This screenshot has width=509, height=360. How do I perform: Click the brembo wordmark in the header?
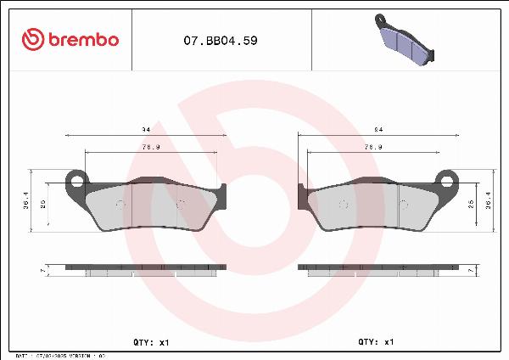[x=84, y=39]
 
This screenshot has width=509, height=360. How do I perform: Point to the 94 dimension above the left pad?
[x=146, y=130]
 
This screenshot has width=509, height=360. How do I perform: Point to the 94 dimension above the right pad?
[x=378, y=130]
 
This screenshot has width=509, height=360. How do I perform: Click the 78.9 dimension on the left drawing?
[x=151, y=147]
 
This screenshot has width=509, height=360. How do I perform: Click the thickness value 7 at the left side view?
[x=42, y=270]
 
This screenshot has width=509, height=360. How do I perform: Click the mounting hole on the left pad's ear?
[x=77, y=180]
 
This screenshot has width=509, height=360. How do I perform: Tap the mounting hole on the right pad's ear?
[x=446, y=180]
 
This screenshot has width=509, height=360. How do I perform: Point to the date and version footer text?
[x=59, y=357]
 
